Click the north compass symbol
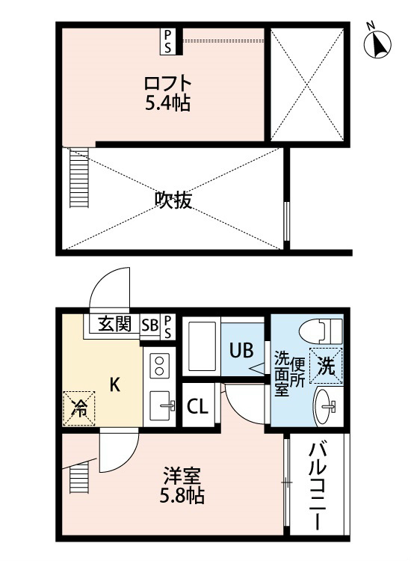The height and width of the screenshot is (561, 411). click(x=377, y=43)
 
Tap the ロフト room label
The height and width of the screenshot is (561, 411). click(x=167, y=83)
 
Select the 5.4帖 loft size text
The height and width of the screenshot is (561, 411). click(x=167, y=103)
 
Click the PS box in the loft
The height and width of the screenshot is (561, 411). click(x=167, y=41)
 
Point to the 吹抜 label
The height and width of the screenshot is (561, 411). click(x=173, y=200)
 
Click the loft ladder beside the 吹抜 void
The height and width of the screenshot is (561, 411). click(x=79, y=178)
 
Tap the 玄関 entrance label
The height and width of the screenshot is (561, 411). click(x=115, y=324)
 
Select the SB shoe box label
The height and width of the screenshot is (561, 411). click(x=149, y=325)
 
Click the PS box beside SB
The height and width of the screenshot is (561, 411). click(x=167, y=326)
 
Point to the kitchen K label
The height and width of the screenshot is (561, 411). click(x=114, y=385)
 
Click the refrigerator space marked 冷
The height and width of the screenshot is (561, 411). click(x=79, y=408)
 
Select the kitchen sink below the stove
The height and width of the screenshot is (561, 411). click(x=160, y=405)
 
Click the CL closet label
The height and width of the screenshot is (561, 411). click(x=197, y=406)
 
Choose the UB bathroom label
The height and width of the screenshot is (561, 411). click(x=241, y=350)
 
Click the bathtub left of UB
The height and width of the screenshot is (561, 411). click(x=202, y=346)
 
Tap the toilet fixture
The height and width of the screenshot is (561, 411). click(x=321, y=331)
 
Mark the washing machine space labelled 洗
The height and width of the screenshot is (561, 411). click(x=326, y=366)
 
